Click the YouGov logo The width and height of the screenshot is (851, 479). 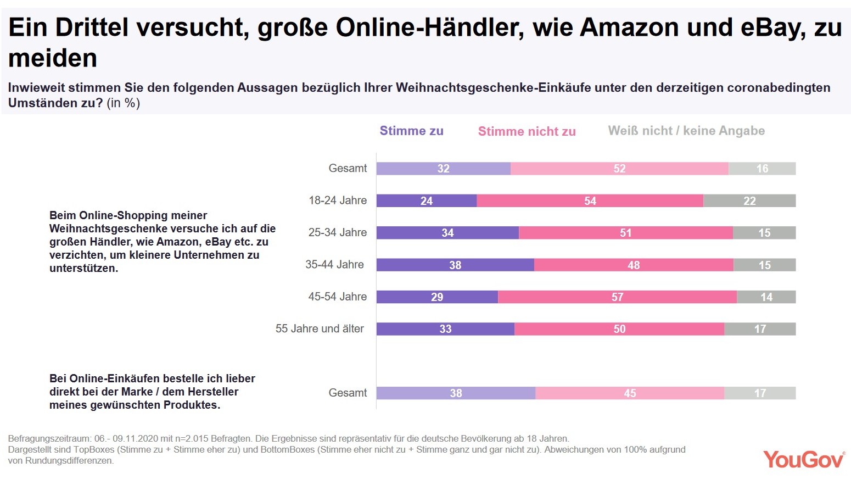[804, 459]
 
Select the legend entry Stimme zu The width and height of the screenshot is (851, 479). [411, 131]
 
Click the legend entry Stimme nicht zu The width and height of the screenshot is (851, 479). [527, 131]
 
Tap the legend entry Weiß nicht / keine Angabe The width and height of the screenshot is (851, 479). [686, 131]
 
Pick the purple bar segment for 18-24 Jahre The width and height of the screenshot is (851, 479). [426, 200]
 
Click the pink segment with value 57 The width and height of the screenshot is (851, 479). [617, 297]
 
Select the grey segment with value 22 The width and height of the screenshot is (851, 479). [749, 200]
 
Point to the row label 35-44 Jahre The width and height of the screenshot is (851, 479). [334, 264]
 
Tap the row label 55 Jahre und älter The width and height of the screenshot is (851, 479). [320, 328]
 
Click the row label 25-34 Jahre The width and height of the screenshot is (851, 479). [337, 232]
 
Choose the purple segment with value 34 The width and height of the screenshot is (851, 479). [447, 232]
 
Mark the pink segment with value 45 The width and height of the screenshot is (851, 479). [630, 393]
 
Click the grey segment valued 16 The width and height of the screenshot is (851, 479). [762, 169]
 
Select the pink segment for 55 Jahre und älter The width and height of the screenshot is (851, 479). [619, 328]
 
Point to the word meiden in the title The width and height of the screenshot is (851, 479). [53, 58]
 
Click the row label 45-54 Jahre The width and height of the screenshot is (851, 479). [337, 297]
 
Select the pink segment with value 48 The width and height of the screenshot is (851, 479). [634, 265]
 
